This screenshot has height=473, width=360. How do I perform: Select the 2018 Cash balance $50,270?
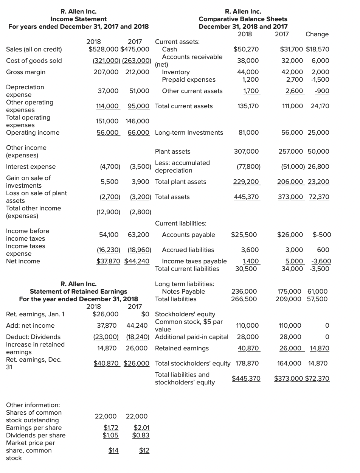(246, 49)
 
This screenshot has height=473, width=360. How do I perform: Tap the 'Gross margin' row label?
(26, 72)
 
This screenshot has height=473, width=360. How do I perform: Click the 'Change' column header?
(317, 34)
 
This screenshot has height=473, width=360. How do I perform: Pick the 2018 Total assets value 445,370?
(248, 197)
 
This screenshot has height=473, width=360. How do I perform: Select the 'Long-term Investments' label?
(189, 132)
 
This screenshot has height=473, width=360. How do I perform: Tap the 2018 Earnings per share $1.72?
(111, 428)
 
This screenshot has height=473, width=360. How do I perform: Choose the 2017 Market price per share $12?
(144, 450)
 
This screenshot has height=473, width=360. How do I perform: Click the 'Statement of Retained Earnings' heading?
(79, 291)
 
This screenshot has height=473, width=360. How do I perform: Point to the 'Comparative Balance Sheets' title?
(243, 19)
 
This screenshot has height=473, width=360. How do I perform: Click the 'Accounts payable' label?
(188, 235)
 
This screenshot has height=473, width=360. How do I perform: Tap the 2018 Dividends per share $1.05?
(111, 435)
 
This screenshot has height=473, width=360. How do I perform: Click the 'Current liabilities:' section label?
(181, 223)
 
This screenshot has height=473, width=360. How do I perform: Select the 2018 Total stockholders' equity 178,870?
(247, 363)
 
